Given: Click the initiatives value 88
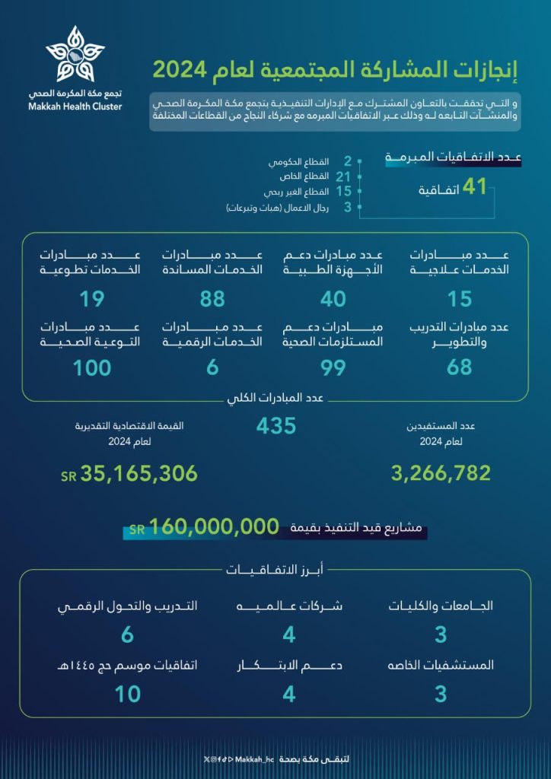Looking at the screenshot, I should pyautogui.click(x=212, y=299).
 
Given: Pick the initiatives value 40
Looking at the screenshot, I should pyautogui.click(x=333, y=299).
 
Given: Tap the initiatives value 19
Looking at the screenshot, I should pyautogui.click(x=92, y=299).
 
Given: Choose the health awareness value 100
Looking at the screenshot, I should pyautogui.click(x=92, y=368).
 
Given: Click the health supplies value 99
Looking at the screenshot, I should pyautogui.click(x=333, y=368).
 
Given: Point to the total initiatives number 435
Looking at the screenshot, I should pyautogui.click(x=275, y=426).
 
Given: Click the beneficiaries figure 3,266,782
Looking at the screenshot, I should pyautogui.click(x=441, y=473).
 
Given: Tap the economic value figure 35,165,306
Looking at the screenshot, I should pyautogui.click(x=139, y=474).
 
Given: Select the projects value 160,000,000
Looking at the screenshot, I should pyautogui.click(x=214, y=526).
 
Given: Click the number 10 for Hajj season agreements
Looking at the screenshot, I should pyautogui.click(x=128, y=694).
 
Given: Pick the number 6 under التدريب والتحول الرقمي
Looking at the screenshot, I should pyautogui.click(x=128, y=634).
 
